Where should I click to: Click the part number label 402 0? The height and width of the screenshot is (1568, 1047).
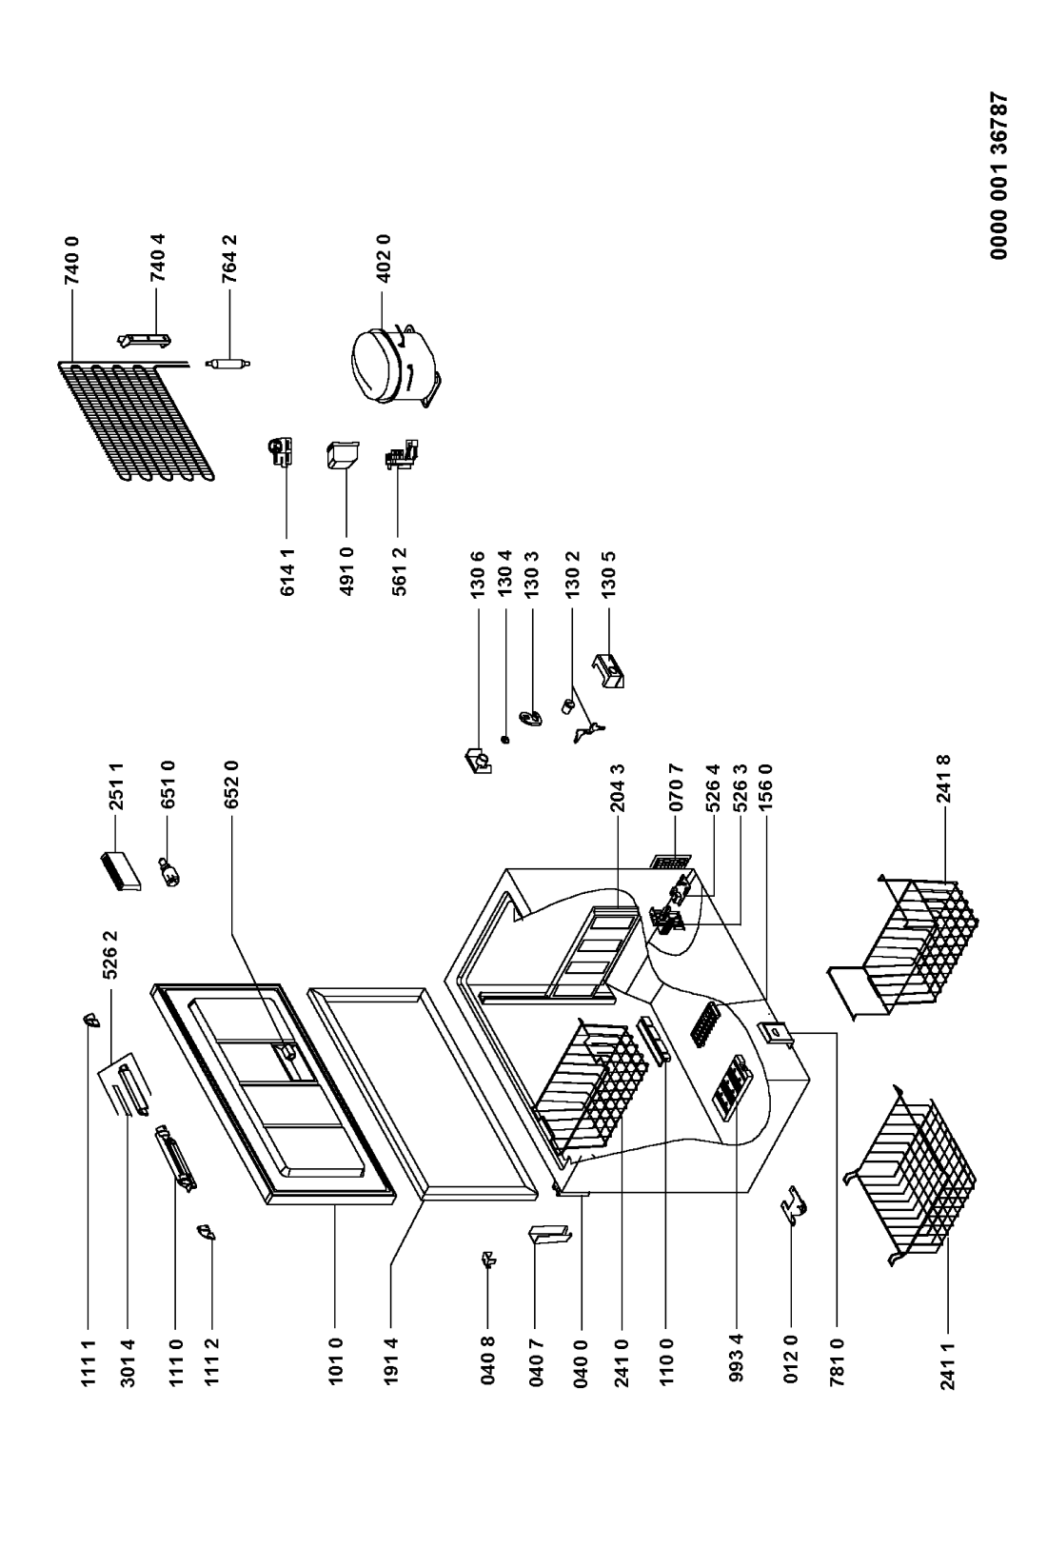point(384,258)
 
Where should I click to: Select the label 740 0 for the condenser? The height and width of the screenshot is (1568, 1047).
point(70,261)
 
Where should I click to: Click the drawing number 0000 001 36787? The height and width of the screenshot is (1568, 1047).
point(998,176)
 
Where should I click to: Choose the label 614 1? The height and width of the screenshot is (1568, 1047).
point(286,572)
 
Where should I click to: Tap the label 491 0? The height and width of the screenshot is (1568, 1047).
point(346,572)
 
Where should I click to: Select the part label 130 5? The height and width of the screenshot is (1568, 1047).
point(608,574)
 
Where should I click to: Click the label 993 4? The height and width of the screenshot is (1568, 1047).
point(736,1358)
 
